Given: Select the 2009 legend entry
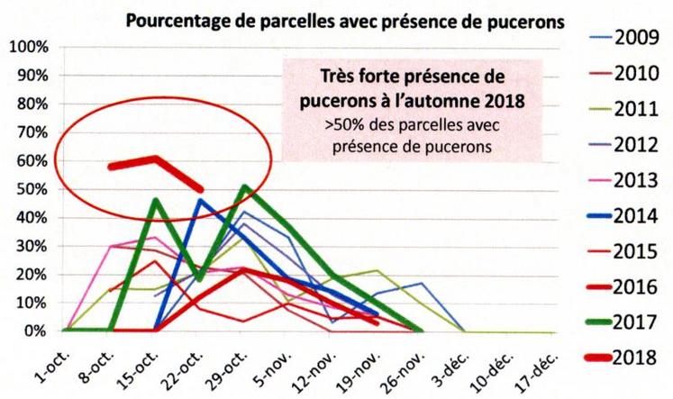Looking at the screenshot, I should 626,38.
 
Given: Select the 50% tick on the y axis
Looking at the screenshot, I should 30,189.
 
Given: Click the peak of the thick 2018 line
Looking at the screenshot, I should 155,159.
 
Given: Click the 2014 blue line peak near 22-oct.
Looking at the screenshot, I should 199,199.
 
